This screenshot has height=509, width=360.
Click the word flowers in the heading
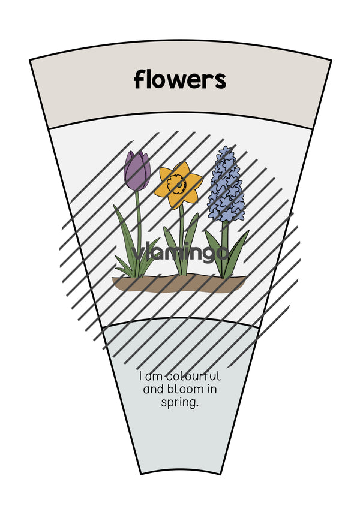pos(180,79)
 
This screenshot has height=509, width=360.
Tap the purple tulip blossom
pos(137,170)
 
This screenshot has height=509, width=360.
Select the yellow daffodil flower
pos(178,183)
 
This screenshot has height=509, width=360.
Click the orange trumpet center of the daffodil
pos(176,183)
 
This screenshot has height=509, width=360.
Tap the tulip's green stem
pos(139,227)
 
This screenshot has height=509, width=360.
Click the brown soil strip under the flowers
pos(179,283)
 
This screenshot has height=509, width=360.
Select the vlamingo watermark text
pos(179,252)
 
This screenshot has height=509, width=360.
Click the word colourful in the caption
pos(194,377)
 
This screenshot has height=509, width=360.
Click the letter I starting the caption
pos(140,377)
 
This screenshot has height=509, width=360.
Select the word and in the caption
pos(154,389)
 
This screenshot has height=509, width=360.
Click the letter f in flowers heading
pos(139,79)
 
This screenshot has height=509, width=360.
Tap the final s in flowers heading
pos(221,81)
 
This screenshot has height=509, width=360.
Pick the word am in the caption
pos(154,377)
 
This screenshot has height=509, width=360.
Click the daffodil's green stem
pos(182,240)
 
